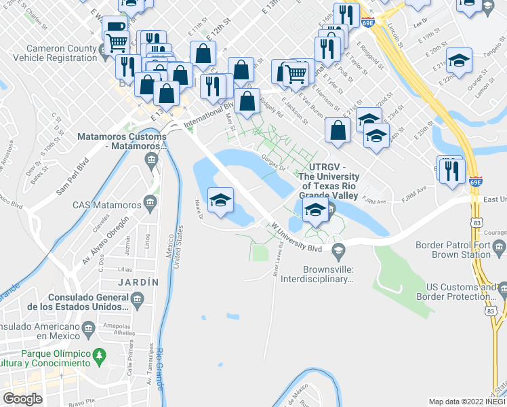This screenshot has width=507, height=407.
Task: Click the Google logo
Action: tap(23, 399)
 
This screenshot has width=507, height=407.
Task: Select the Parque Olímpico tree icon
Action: tap(100, 355)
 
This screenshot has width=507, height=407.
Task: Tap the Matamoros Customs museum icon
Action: tap(150, 160)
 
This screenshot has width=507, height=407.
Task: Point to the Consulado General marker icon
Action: tap(138, 299)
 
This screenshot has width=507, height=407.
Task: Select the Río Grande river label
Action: tap(159, 370)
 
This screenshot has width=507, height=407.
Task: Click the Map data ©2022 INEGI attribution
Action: tap(466, 402)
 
